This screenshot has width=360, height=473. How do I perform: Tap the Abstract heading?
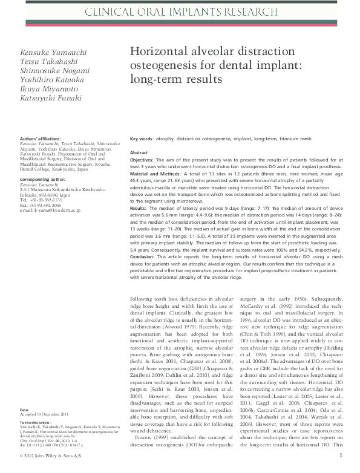click(139, 153)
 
